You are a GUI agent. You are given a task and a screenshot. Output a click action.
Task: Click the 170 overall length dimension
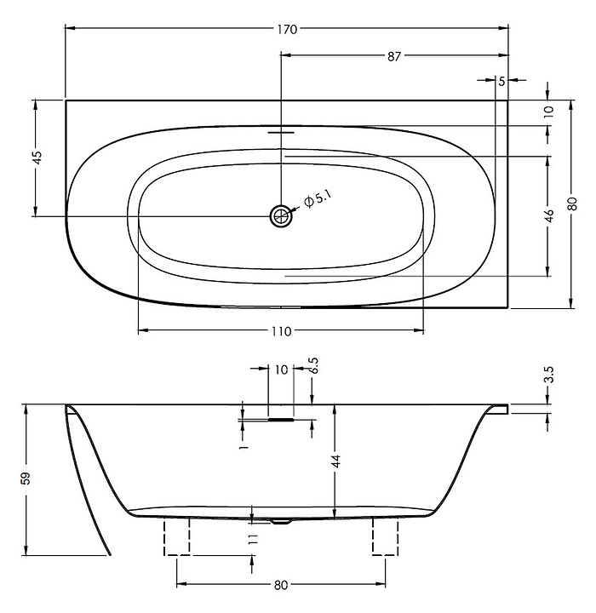tap(288, 29)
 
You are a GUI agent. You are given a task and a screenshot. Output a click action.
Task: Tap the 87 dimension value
tap(394, 57)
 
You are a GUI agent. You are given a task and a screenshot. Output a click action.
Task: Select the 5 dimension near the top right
tap(501, 82)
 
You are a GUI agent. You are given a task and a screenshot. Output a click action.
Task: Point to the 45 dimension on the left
tap(37, 158)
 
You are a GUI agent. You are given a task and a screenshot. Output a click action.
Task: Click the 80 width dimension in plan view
tap(572, 203)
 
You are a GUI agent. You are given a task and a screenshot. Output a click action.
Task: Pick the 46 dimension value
tap(549, 215)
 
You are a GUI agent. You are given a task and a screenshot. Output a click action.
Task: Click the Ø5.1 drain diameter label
tap(318, 199)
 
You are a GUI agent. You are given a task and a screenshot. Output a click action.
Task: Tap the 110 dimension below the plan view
tap(282, 331)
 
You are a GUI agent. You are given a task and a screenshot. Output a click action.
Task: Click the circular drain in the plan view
tap(281, 215)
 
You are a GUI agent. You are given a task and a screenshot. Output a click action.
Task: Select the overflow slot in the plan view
tap(281, 132)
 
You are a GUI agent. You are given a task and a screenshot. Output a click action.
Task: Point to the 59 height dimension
tap(26, 478)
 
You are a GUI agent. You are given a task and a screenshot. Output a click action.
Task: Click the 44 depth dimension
tap(336, 461)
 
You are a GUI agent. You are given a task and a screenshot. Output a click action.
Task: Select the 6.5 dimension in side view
tap(313, 365)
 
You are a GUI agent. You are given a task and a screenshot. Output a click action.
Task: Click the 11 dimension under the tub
tap(254, 540)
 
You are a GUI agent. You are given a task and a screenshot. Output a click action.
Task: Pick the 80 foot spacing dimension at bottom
tap(281, 585)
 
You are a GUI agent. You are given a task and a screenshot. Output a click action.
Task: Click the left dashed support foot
tap(177, 536)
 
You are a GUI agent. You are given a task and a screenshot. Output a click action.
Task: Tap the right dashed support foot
tap(385, 536)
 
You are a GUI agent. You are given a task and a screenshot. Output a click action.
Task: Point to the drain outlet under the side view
tap(281, 521)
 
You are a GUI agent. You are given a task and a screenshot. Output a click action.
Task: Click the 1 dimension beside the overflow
tap(244, 446)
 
